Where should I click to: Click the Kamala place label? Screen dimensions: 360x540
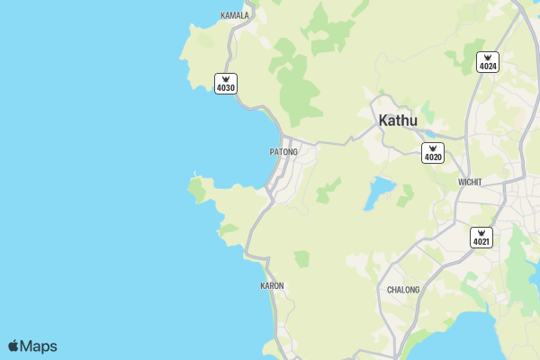pos(235,15)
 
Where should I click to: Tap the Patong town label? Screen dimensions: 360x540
pos(283,152)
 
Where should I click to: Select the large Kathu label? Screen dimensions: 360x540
pos(399,121)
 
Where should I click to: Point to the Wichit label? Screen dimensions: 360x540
pos(470,182)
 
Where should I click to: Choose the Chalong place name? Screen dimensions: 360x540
pos(403,290)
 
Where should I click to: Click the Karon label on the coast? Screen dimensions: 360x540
pos(272,286)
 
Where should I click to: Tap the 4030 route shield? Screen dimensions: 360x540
pos(226,84)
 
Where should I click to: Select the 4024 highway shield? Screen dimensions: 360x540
pos(488,62)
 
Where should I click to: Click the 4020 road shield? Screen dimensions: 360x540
pos(433,153)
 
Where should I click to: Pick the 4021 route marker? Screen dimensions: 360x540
pos(481,238)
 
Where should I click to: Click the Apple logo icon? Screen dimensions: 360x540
pos(13,346)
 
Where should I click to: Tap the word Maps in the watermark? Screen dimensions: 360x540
pos(39,346)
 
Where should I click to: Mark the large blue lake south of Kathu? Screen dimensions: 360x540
pos(379,192)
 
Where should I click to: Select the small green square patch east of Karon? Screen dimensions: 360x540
pos(301,259)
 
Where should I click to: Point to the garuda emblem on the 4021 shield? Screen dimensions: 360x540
pos(481,232)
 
